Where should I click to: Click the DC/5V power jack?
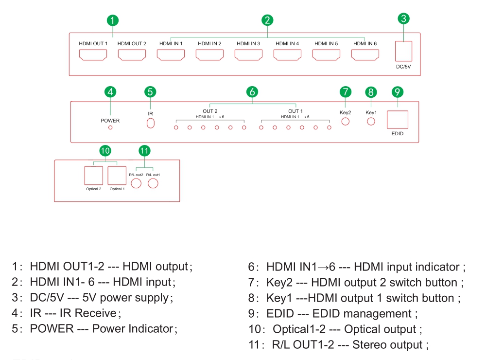[x=404, y=50]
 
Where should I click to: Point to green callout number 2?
[x=267, y=20]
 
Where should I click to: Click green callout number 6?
[x=252, y=91]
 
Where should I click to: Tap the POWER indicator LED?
[x=110, y=127]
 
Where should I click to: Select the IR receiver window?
[x=151, y=123]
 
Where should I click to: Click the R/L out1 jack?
[x=153, y=183]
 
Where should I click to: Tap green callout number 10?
[x=105, y=151]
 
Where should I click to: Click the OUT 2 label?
[x=210, y=111]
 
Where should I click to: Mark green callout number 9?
[x=398, y=91]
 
